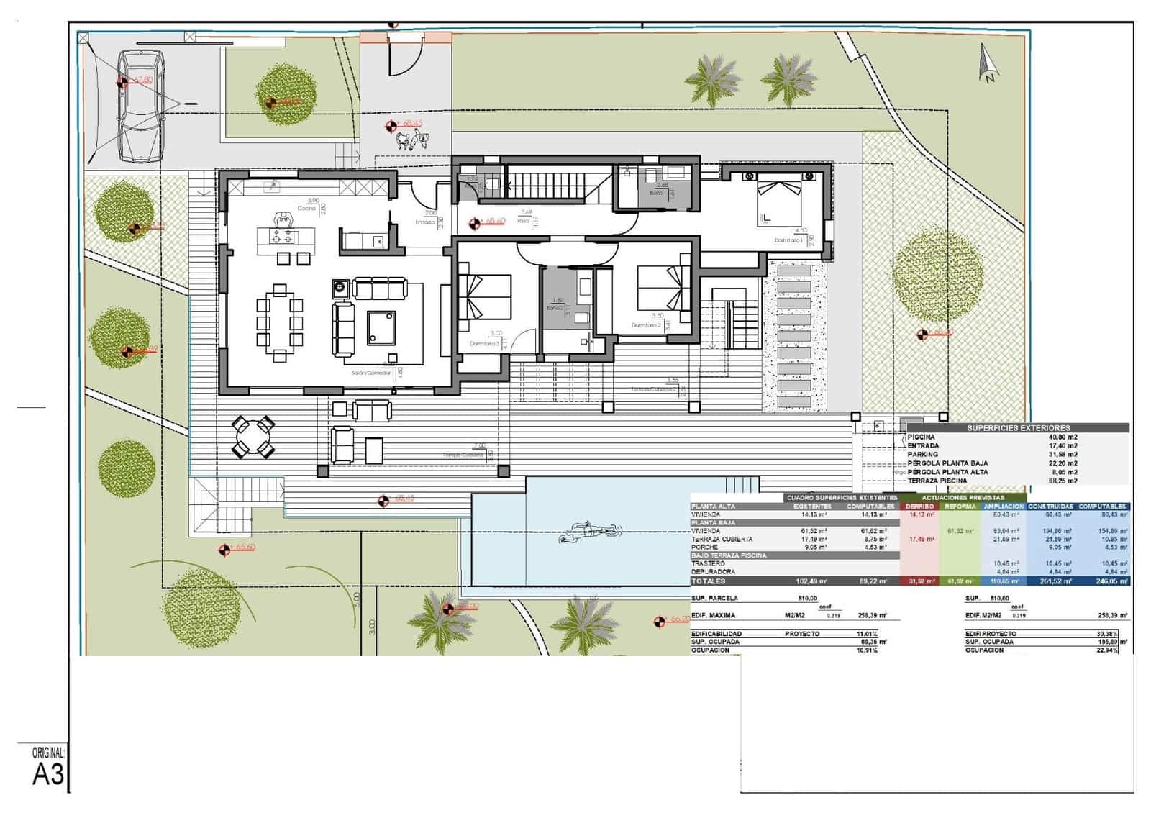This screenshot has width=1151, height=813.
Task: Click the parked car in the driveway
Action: [141, 106]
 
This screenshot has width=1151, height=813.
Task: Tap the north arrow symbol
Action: [987, 64]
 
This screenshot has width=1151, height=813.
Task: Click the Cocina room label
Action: [306, 209]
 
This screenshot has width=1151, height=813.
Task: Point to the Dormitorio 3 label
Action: [484, 344]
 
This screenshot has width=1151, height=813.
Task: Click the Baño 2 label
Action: [554, 308]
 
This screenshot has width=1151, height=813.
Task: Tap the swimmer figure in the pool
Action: [588, 532]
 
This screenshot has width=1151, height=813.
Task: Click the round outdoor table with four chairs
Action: [253, 437]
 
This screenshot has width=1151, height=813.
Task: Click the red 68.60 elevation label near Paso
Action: [495, 222]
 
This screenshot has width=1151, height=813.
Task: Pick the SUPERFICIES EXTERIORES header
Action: [1018, 428]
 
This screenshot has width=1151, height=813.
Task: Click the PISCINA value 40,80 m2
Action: [1063, 437]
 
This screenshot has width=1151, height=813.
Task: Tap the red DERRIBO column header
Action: [919, 507]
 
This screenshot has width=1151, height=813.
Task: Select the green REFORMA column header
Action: [960, 507]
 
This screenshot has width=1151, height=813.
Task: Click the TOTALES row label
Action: [709, 581]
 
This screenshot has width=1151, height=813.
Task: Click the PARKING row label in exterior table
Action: [923, 455]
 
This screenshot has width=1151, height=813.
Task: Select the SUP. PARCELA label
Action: [714, 599]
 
